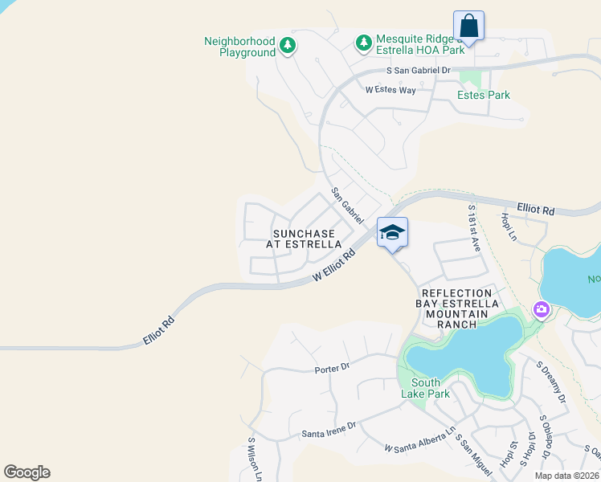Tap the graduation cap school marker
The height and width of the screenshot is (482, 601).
click(x=392, y=233)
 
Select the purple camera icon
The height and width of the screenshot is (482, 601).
click(x=541, y=309)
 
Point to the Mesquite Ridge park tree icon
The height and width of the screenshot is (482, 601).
click(x=364, y=42)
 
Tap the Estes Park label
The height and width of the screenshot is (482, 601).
click(x=484, y=95)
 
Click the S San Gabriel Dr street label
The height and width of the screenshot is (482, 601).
click(x=419, y=71)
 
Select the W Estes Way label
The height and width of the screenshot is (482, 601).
click(x=390, y=90)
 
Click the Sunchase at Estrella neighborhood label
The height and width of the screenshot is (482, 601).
click(x=307, y=239)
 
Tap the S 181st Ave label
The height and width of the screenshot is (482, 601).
click(x=474, y=228)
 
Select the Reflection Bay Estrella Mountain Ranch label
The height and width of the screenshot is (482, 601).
click(x=456, y=304)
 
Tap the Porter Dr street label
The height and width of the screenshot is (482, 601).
click(x=333, y=367)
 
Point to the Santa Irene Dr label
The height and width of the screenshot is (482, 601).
click(x=325, y=434)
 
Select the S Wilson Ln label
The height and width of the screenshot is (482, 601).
click(x=254, y=460)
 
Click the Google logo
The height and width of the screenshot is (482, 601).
click(x=27, y=472)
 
